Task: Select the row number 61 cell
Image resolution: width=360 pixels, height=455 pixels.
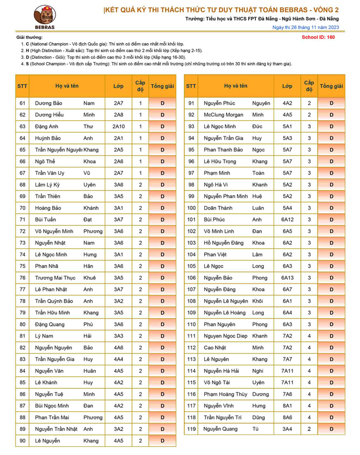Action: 23,103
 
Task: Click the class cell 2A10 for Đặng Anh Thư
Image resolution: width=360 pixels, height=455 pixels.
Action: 119,126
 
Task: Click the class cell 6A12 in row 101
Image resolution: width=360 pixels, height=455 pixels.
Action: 287,219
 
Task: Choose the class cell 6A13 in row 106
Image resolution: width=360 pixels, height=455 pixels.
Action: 287,278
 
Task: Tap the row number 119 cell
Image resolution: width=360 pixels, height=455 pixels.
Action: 192,429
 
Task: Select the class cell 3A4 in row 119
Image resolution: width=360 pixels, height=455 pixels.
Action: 287,429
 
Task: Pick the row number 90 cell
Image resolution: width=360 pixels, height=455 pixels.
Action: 23,441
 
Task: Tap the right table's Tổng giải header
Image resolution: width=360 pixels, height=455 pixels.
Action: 331,86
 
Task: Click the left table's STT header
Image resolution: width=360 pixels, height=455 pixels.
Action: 23,86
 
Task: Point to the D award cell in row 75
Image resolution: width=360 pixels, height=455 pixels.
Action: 162,266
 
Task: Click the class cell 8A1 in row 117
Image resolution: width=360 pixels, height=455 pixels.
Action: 287,406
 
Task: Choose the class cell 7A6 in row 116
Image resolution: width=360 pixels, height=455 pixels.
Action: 287,394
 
